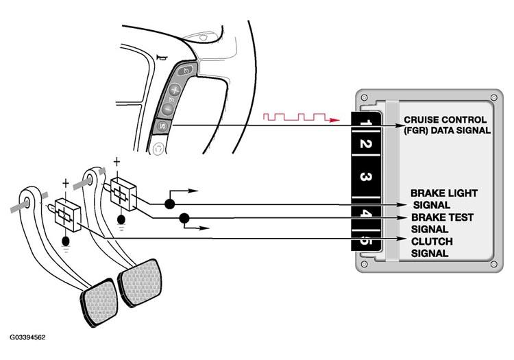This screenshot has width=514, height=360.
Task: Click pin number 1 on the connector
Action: coord(365,124)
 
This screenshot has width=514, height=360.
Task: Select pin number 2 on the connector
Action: coord(365,145)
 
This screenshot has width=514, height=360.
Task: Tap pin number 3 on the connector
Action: coord(365,177)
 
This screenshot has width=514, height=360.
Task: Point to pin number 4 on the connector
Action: coord(365,214)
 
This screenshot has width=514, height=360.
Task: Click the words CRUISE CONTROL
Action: coord(445,119)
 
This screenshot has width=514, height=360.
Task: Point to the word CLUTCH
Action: coord(432,241)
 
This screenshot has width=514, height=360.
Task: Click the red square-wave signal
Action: coord(291,118)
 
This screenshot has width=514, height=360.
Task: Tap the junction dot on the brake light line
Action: coord(168,204)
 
